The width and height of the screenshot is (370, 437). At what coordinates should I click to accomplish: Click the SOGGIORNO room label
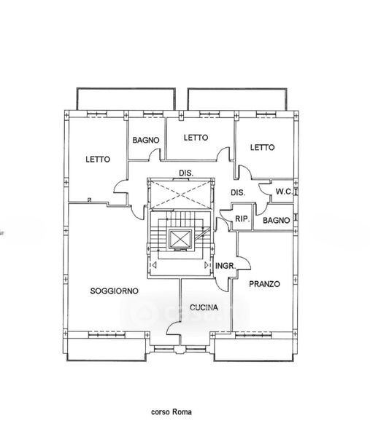(115, 291)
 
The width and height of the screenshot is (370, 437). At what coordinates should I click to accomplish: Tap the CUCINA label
(204, 307)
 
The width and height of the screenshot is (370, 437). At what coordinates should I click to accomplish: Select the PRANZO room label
(264, 284)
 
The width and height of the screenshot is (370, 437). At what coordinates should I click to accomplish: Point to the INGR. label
(226, 266)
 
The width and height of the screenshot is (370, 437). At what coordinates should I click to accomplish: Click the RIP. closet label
(242, 219)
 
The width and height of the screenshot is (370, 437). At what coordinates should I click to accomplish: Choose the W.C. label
(284, 192)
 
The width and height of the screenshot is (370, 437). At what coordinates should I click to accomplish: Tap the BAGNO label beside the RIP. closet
(276, 221)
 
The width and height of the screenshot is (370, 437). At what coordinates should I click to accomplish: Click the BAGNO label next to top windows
(146, 140)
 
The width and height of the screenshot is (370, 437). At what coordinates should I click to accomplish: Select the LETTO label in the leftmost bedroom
(98, 160)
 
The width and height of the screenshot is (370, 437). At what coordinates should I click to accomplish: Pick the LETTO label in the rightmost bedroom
(262, 147)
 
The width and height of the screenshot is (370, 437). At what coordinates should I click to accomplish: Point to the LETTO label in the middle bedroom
(196, 138)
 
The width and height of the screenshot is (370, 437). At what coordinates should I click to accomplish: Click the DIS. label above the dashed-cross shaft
(186, 173)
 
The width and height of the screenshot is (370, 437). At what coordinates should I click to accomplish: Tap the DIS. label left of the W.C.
(238, 192)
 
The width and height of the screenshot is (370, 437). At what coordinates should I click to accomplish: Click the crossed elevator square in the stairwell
(180, 239)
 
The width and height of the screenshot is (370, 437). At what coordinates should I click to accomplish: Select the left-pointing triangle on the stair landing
(154, 265)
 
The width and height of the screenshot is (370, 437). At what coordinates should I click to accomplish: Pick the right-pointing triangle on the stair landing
(207, 265)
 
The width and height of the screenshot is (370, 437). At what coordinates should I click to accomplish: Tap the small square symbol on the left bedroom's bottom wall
(89, 200)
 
